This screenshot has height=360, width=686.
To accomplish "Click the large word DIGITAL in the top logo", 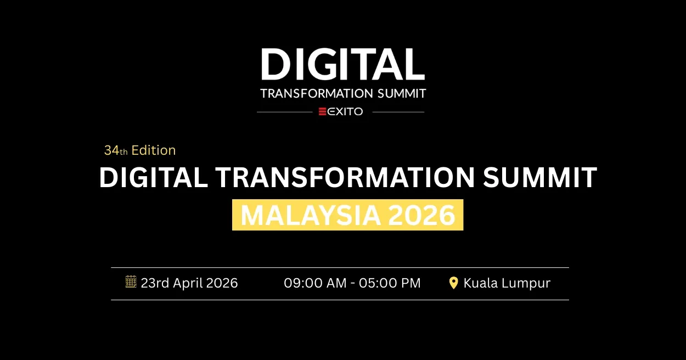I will point(342,64).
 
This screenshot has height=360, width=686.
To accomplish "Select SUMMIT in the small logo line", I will point(402,93).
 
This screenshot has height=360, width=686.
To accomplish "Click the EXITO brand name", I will point(345,111).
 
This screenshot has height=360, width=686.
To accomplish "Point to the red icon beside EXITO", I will point(323,111).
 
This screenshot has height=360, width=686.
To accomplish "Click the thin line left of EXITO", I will point(284,112).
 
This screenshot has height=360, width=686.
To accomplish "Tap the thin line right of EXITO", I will point(398,112).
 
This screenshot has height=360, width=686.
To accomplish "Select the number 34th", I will point(116,150).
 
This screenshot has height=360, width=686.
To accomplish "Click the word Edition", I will point(154,150).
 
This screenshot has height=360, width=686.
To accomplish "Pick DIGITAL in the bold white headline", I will point(153,178).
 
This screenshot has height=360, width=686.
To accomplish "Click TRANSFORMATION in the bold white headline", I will point(345,178).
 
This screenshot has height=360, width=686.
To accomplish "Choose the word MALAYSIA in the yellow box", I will point(311,215).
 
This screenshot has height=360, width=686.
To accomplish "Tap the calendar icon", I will point(131,282).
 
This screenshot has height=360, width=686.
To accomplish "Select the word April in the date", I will point(188,283).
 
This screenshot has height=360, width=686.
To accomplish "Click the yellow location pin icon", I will point(453,283).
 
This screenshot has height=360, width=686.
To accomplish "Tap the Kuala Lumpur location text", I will point(507,283).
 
